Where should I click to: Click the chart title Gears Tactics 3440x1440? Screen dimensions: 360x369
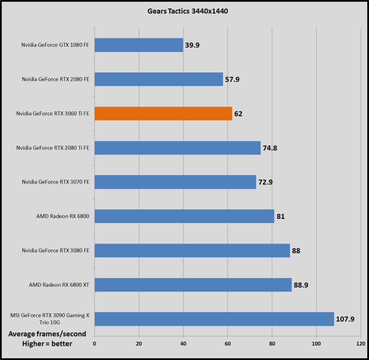[188, 11]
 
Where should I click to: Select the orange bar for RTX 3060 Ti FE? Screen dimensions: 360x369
[163, 114]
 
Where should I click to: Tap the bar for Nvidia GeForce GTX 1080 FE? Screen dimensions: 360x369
[139, 45]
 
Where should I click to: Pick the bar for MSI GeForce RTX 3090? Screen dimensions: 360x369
[214, 319]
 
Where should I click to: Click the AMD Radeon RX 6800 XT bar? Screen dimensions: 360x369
[193, 285]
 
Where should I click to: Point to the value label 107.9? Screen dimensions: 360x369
[345, 319]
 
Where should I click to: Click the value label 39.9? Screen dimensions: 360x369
[192, 45]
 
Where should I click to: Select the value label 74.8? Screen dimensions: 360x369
[270, 148]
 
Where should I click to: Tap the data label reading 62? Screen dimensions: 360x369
[238, 114]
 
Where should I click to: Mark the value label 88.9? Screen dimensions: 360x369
[301, 285]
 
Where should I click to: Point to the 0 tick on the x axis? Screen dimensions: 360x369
[95, 344]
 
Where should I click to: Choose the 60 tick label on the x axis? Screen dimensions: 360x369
[228, 344]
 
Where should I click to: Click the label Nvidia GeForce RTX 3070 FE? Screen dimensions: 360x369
[55, 182]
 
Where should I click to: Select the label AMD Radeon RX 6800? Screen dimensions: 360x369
[63, 216]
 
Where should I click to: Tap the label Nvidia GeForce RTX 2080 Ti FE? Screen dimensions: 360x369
[53, 148]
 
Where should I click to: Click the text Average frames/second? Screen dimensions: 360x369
[47, 334]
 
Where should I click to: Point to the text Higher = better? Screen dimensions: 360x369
[47, 344]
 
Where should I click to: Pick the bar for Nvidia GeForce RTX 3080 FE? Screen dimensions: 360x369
[192, 251]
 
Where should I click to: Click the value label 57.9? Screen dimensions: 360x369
[232, 79]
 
